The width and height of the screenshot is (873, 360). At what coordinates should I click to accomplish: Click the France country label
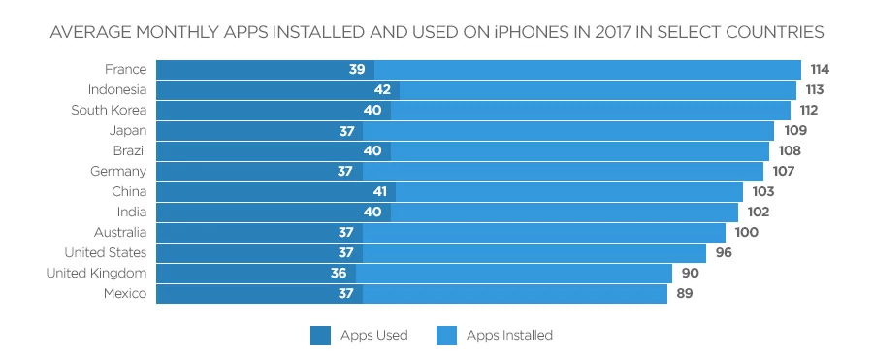click(125, 70)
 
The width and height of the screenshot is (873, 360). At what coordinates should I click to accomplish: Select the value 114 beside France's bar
click(822, 70)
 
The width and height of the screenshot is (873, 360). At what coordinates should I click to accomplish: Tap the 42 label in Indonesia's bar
click(381, 90)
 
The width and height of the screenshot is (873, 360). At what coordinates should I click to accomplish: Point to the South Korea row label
click(109, 111)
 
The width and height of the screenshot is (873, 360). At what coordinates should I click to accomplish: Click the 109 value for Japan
click(795, 131)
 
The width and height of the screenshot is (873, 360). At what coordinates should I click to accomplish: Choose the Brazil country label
click(129, 151)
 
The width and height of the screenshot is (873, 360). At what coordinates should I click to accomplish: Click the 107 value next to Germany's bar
click(784, 172)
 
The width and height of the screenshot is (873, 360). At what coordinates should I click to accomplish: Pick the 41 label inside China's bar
click(379, 192)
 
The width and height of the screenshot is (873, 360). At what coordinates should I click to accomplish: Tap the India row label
click(132, 213)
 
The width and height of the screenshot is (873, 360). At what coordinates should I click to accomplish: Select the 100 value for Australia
click(746, 233)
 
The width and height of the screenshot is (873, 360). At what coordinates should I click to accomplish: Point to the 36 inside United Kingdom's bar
click(339, 274)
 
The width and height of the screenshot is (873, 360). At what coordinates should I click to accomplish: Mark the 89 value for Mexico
click(684, 294)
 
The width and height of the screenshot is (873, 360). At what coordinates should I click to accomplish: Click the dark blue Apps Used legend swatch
click(321, 336)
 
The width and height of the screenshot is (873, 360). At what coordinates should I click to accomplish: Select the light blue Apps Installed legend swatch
click(447, 336)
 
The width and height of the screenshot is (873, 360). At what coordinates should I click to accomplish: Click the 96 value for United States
click(723, 253)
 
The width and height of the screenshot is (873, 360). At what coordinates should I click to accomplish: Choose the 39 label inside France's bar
click(357, 70)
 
